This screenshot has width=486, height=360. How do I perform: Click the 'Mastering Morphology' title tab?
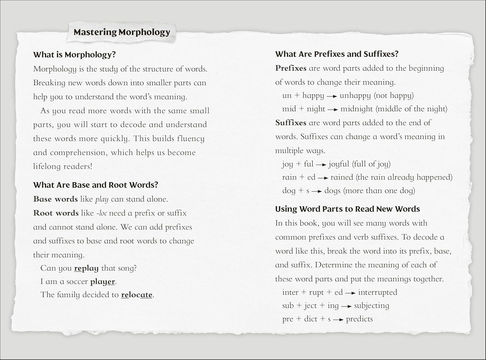pos(121,32)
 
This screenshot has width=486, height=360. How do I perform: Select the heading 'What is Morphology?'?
pos(74,55)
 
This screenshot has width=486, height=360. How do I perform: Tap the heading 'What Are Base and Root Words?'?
pos(96,185)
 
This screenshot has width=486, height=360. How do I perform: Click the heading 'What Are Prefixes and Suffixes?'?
pos(337,54)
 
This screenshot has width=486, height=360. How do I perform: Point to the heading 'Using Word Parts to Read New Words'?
pos(347,209)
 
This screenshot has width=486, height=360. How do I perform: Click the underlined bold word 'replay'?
pos(86,268)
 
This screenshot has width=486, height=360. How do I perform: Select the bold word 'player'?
pos(102,282)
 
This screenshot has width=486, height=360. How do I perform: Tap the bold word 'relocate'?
pos(136,295)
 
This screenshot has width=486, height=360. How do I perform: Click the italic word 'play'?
pos(102,199)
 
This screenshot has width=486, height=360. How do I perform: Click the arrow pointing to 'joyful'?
pos(321,165)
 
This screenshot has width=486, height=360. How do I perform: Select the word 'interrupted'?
pos(377,292)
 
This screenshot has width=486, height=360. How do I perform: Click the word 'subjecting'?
pos(371,306)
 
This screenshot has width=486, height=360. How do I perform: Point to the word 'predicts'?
pos(359,319)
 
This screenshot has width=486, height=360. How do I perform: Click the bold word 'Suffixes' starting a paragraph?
pos(291,123)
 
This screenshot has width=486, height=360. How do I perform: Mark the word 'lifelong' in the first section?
pos(47,166)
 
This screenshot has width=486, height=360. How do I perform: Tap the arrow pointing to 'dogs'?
pos(317,191)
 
